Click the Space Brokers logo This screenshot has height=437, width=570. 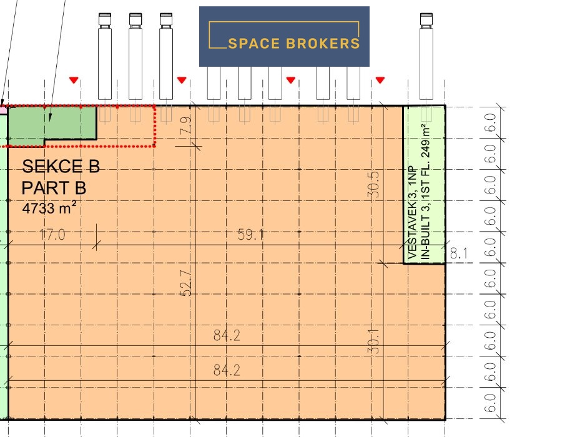(284, 36)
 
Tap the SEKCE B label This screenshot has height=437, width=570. (61, 167)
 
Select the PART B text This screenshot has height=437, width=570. (54, 188)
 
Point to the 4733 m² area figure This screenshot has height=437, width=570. (49, 209)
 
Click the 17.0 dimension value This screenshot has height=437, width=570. (52, 235)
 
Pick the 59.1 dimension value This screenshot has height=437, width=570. (250, 235)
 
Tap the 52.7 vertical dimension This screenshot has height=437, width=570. (186, 283)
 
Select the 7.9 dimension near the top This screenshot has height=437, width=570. (185, 125)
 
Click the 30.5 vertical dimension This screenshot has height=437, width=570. (373, 185)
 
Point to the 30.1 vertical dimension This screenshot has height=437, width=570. (373, 341)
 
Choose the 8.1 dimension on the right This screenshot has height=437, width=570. (459, 253)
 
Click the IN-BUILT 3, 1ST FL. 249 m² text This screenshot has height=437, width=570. (426, 192)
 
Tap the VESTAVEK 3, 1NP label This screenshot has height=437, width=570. (413, 213)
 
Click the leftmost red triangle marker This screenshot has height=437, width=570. (74, 80)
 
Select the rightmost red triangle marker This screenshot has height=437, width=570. (380, 80)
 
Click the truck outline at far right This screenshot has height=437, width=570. (426, 56)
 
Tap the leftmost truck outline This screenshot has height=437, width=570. (105, 56)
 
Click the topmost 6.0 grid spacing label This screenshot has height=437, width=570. (491, 122)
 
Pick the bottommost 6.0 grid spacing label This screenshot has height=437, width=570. (491, 403)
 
